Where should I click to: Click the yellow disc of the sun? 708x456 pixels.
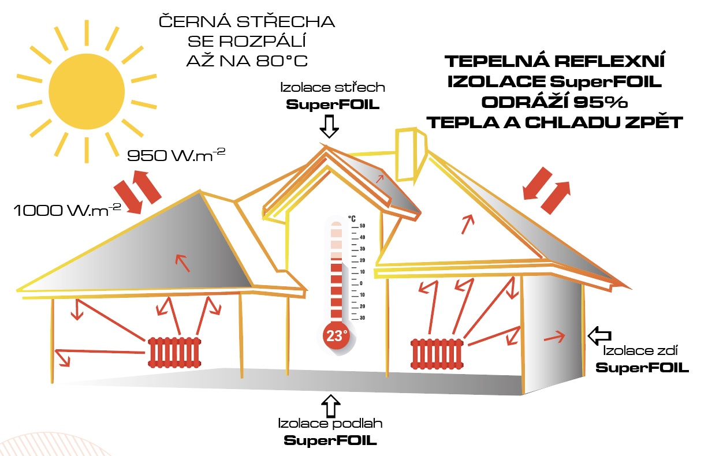point(87,91)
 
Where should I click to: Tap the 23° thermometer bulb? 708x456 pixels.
point(337,335)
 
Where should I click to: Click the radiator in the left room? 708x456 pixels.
point(174,352)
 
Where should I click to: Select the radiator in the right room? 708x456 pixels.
point(437,354)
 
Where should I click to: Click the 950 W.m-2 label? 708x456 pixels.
point(176,155)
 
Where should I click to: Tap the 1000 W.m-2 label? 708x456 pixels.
point(67,210)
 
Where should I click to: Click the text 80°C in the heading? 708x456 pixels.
point(282,61)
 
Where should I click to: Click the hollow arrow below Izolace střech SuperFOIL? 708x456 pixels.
point(329,126)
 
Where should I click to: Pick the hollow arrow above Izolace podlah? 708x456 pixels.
point(330,406)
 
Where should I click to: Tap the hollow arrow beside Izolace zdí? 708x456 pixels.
point(599,336)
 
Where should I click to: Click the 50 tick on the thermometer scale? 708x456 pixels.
point(362,226)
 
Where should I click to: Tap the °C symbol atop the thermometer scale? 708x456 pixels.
point(352,219)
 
